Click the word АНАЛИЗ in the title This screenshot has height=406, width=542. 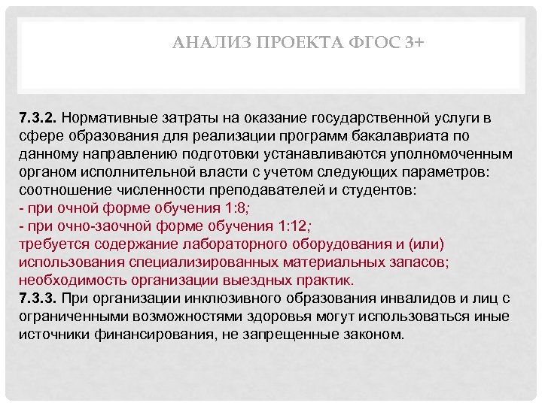pos(202,44)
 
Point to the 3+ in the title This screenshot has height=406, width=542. pos(413,44)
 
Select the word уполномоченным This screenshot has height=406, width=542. pos(461,155)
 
